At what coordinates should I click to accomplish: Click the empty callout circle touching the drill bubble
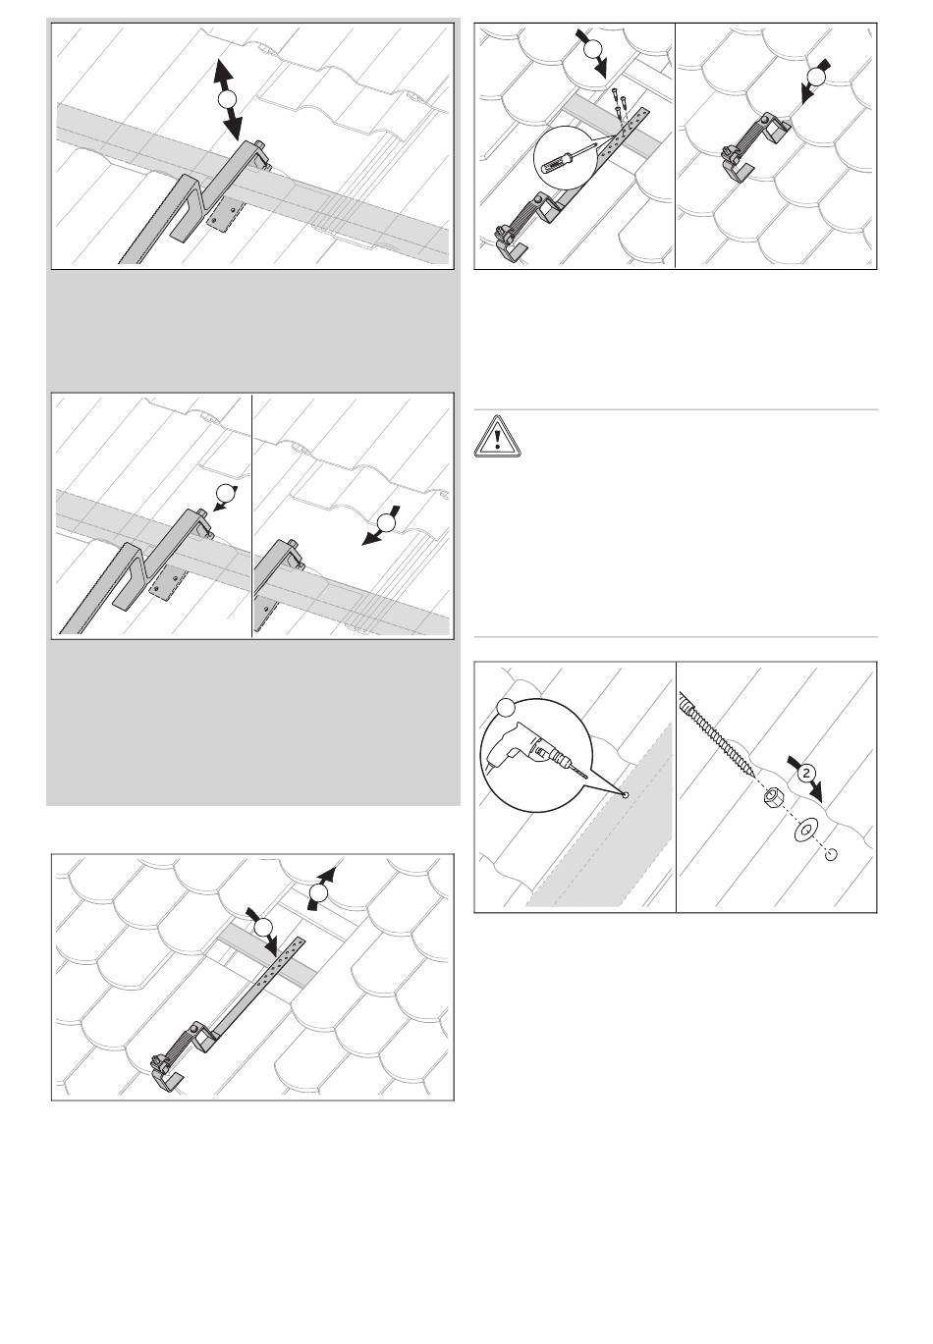506,707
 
